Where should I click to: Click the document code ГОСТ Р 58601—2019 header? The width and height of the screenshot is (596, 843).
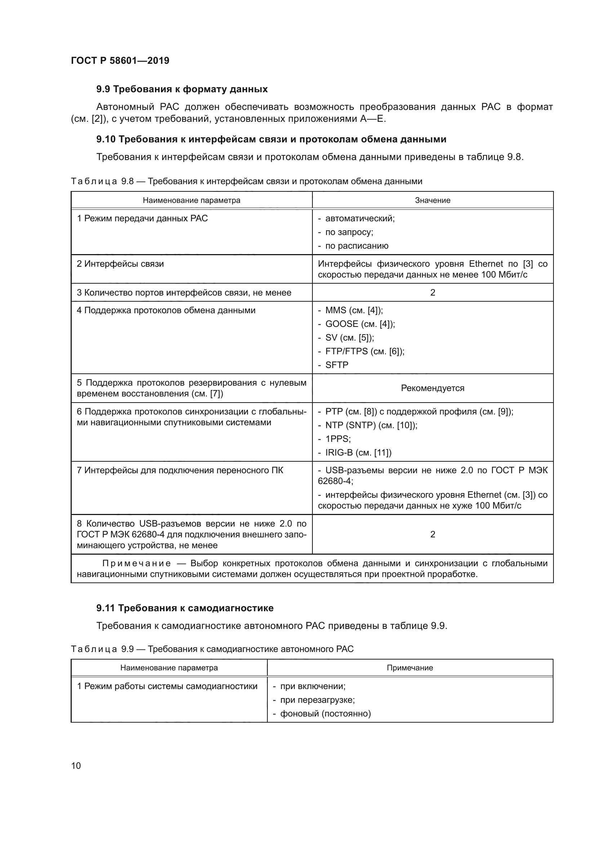(120, 61)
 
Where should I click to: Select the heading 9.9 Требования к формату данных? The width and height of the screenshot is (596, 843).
(182, 89)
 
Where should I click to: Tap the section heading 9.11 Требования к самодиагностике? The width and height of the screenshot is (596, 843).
(185, 608)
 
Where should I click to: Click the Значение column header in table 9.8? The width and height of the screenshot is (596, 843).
(432, 200)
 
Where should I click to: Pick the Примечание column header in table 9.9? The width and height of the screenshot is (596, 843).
(410, 668)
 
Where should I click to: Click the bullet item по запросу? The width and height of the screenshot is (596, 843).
(349, 232)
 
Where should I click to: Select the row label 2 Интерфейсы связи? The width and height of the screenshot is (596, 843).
(120, 264)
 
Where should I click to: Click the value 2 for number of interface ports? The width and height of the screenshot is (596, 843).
(432, 293)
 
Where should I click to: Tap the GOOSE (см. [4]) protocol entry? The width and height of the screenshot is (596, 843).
(360, 324)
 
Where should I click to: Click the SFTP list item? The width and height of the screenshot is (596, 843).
(337, 365)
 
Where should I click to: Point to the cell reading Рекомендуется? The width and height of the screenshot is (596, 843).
(432, 388)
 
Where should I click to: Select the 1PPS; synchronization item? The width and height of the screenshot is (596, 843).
(338, 439)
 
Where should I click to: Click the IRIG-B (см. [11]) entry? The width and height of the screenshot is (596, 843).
(358, 453)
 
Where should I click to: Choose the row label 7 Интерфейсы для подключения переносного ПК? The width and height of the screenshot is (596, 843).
(180, 470)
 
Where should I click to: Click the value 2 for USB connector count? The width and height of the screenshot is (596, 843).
(432, 534)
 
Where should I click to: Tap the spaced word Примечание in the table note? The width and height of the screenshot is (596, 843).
(137, 564)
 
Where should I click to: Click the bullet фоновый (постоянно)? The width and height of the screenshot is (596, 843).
(325, 714)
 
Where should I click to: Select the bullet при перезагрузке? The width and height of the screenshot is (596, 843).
(317, 700)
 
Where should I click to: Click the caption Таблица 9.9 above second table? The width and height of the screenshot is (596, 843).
(212, 649)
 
